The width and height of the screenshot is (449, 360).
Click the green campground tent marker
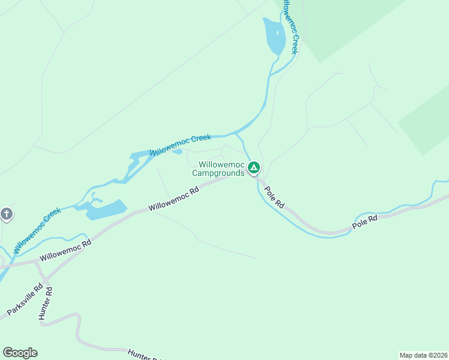tap(254, 167)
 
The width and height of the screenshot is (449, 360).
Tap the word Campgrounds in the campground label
tap(218, 173)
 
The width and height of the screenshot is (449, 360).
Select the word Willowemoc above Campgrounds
tap(221, 164)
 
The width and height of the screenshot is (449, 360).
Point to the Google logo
tap(20, 353)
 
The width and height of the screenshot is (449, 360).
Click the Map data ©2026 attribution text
tap(423, 355)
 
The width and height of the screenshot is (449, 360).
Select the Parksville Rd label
tap(25, 300)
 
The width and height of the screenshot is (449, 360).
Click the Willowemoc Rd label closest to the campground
tap(173, 198)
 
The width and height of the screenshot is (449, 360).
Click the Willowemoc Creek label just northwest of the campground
tap(181, 145)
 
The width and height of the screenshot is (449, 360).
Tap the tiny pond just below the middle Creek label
tap(177, 151)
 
